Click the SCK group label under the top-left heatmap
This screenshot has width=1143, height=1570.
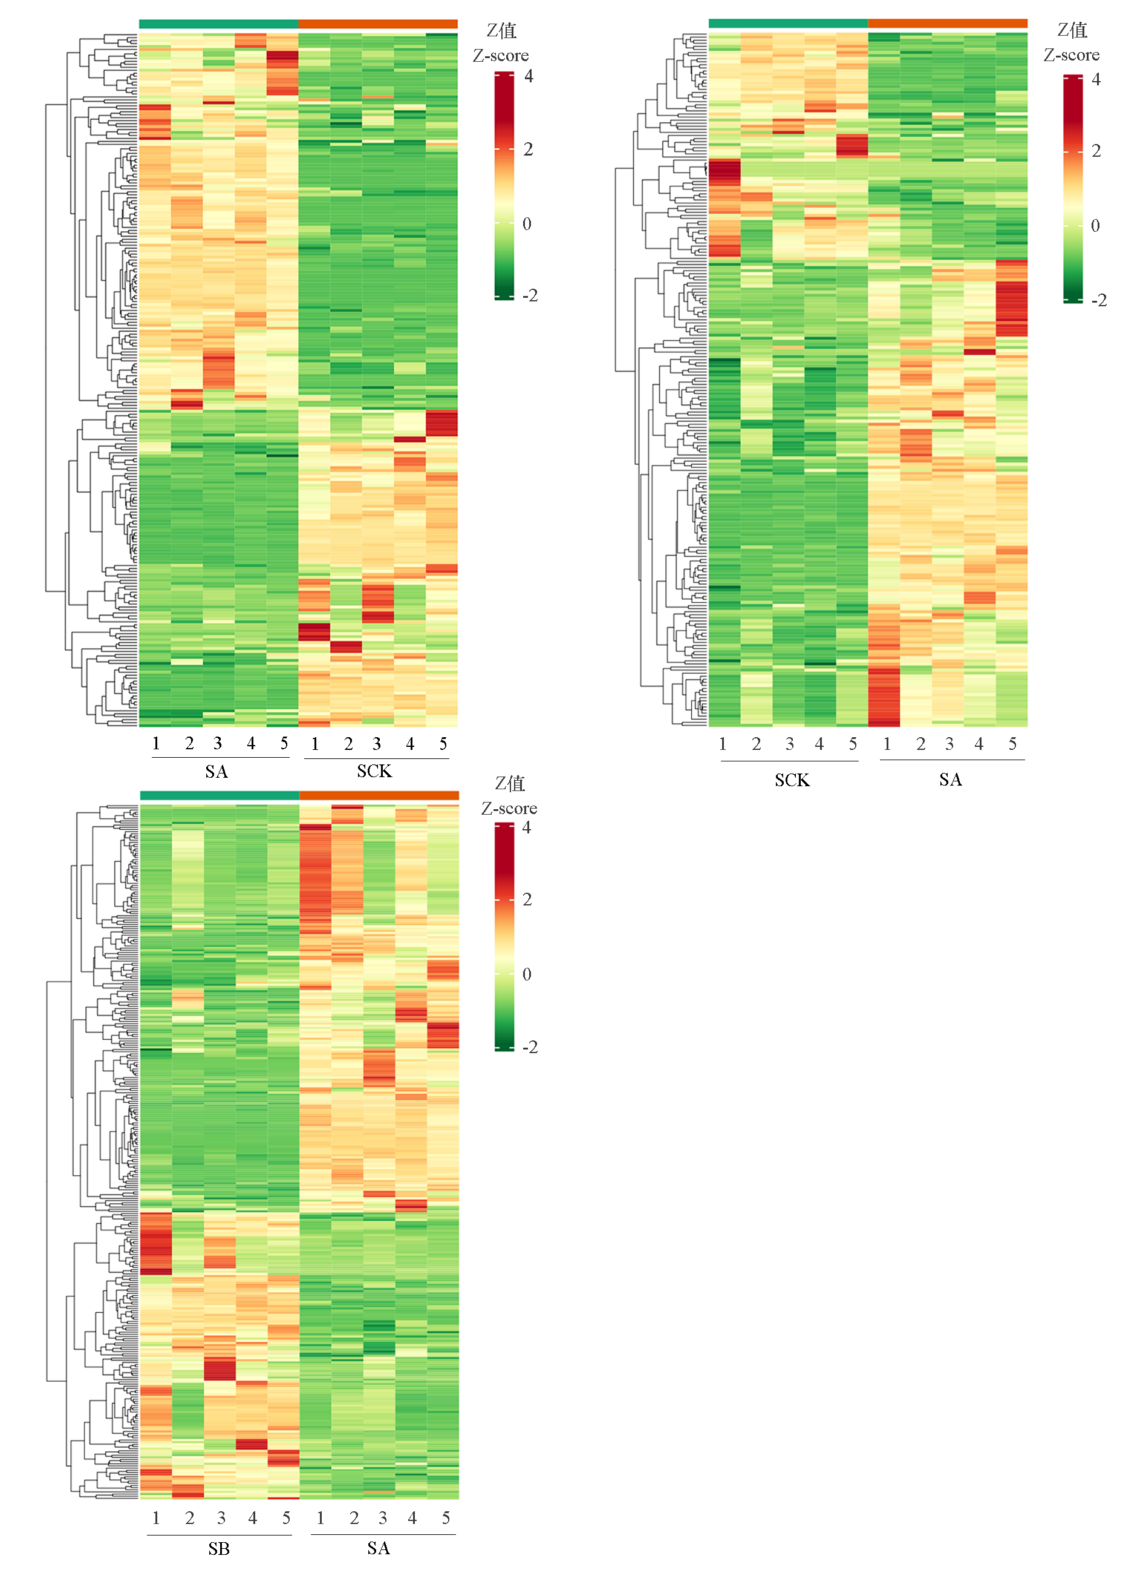374,771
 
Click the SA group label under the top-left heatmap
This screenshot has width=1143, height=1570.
216,771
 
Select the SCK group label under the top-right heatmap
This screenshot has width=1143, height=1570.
792,780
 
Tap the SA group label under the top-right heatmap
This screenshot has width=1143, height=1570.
950,780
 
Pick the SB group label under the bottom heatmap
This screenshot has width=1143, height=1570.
219,1549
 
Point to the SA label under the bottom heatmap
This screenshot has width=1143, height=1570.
378,1548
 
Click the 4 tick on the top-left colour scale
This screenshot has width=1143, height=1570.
529,76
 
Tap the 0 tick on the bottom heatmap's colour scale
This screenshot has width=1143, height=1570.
527,974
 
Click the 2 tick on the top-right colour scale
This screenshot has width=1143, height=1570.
1096,151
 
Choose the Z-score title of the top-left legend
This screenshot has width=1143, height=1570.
500,55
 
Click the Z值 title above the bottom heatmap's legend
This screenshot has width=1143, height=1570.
510,784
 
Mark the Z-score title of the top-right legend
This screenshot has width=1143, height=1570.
1071,54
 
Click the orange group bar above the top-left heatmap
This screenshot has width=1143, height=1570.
378,24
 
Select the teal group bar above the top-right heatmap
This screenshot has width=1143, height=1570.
788,24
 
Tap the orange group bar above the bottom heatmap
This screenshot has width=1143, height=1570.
379,795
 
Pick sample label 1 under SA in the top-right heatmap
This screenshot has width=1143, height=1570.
887,744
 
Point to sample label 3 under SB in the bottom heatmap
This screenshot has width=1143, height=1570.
221,1518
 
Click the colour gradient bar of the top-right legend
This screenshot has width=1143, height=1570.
1072,188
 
